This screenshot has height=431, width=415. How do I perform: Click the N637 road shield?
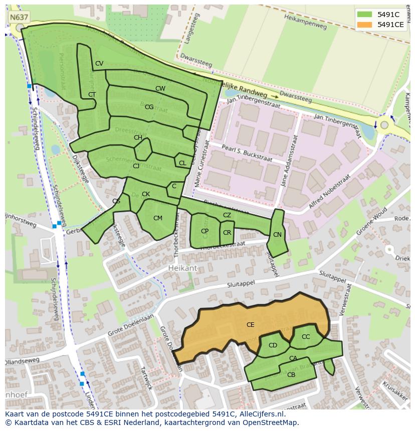(19, 17)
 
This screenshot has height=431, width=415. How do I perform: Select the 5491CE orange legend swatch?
(364, 25)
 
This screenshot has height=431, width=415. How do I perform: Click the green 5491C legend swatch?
(364, 14)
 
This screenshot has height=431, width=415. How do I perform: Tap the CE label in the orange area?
(250, 325)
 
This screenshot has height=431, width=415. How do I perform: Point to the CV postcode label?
(99, 64)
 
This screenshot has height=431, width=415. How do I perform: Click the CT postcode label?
(92, 95)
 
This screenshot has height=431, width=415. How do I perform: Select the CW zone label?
(160, 89)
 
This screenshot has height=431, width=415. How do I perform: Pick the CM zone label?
(158, 218)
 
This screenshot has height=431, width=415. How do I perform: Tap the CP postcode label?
(204, 231)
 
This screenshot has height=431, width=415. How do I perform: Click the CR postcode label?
(227, 233)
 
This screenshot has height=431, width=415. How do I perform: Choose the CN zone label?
(277, 235)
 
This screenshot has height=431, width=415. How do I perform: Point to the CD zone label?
(273, 345)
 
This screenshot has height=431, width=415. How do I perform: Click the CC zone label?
(306, 337)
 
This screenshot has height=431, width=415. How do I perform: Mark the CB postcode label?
(291, 375)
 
